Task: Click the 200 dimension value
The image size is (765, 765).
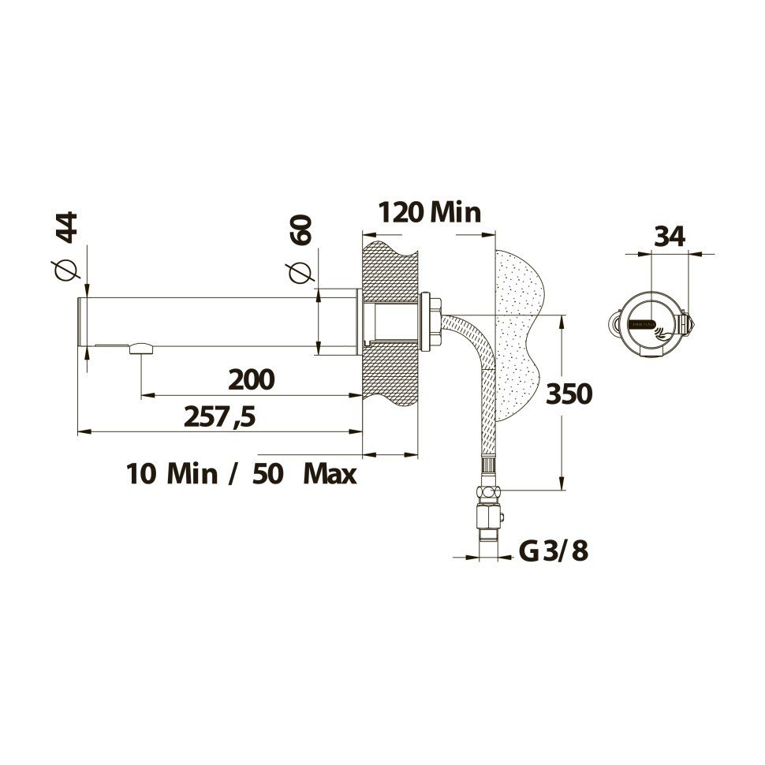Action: pos(251,379)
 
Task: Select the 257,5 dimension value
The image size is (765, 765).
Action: pos(219,416)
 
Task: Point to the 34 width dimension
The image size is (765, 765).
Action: pos(670,236)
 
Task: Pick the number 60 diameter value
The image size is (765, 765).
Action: pos(300,230)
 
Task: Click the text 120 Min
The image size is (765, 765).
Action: pos(429,213)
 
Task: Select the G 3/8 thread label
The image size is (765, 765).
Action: pos(554,551)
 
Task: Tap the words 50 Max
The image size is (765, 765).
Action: pos(304,474)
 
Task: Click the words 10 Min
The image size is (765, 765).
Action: pos(171,474)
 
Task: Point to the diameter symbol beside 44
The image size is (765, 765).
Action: pos(68,268)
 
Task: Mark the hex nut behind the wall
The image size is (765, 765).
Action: pos(431,322)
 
